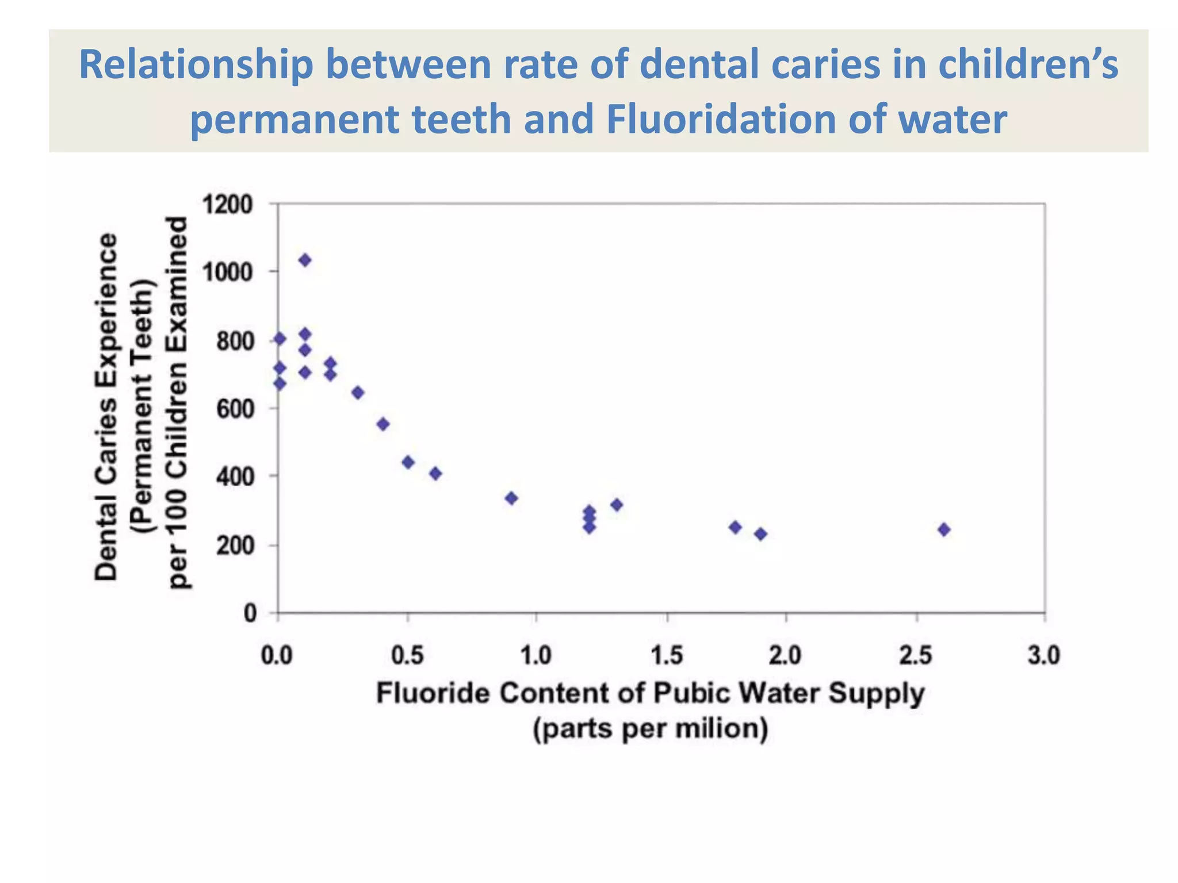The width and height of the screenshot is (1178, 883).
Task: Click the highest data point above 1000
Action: pyautogui.click(x=305, y=260)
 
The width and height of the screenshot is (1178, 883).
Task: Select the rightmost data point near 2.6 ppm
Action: pyautogui.click(x=943, y=529)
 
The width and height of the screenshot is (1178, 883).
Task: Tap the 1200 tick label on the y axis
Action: pyautogui.click(x=227, y=205)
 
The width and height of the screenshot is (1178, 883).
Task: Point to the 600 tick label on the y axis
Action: pyautogui.click(x=234, y=409)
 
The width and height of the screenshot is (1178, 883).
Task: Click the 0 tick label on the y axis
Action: pyautogui.click(x=250, y=613)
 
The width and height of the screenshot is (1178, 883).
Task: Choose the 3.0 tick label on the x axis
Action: pyautogui.click(x=1043, y=655)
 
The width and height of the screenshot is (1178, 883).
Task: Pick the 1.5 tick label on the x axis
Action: pyautogui.click(x=667, y=655)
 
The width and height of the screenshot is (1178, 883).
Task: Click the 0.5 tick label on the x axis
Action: pyautogui.click(x=407, y=655)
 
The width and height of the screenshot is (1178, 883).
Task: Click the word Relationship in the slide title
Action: pyautogui.click(x=196, y=64)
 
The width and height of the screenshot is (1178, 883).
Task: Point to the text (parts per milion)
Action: pyautogui.click(x=651, y=729)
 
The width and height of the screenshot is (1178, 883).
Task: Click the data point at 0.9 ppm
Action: pyautogui.click(x=511, y=498)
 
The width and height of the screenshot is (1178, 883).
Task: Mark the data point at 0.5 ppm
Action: pyautogui.click(x=408, y=462)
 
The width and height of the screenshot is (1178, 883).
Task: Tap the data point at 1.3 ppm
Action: pyautogui.click(x=617, y=505)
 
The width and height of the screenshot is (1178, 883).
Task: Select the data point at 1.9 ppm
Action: pyautogui.click(x=760, y=534)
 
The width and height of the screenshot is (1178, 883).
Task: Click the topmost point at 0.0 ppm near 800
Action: pyautogui.click(x=280, y=339)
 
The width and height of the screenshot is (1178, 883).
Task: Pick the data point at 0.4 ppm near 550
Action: pyautogui.click(x=383, y=424)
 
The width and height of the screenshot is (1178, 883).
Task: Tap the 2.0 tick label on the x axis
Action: pyautogui.click(x=785, y=655)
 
